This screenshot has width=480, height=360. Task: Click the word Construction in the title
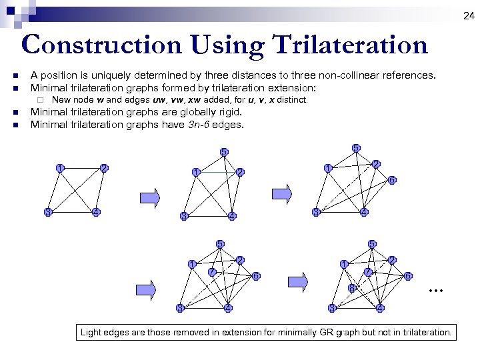point(101,45)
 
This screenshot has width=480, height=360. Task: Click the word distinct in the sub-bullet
point(293,99)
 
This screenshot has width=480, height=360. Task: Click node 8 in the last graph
point(351,289)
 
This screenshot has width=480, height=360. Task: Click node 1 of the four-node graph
point(60,167)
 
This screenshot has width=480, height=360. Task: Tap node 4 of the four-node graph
point(97,212)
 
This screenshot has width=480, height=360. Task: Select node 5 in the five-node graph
point(225,152)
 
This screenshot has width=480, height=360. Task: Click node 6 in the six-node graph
point(392,180)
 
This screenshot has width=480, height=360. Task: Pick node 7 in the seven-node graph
point(211,272)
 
